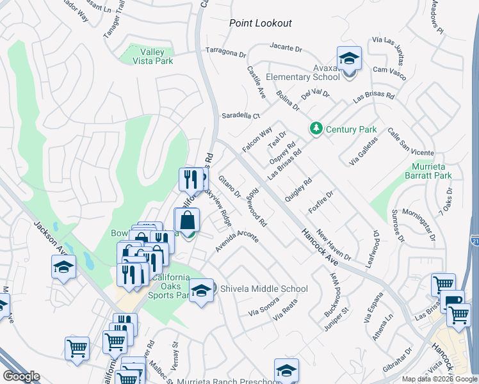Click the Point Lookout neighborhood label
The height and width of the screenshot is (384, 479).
click(x=261, y=23)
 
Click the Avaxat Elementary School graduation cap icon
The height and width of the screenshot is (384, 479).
click(x=349, y=60)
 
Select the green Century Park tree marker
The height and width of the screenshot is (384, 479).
click(x=316, y=129)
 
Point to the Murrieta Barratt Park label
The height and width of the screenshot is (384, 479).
click(x=428, y=171)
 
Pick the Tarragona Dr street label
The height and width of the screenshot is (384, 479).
click(x=225, y=51)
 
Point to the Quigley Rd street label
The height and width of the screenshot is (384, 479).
click(x=299, y=190)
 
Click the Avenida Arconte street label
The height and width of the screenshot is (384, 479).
click(x=237, y=241)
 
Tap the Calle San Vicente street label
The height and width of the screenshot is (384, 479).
click(x=410, y=141)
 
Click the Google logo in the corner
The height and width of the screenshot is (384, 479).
click(x=21, y=376)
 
